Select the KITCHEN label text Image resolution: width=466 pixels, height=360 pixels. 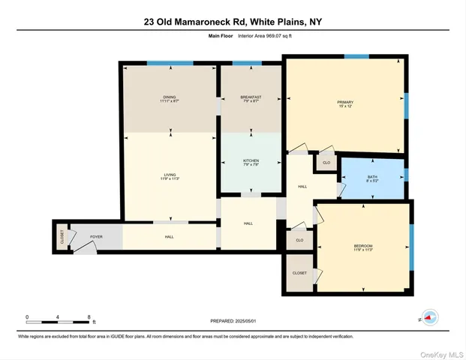[251, 162]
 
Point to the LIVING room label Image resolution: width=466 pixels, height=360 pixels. [170, 176]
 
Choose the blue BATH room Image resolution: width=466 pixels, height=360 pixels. [372, 178]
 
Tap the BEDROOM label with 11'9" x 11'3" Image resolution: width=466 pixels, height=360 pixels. [363, 248]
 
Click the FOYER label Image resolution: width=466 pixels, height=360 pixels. [96, 236]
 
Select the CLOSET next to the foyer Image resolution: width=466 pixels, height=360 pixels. [62, 237]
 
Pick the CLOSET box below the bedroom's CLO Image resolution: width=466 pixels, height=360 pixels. [299, 272]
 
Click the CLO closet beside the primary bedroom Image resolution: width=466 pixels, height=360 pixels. [326, 163]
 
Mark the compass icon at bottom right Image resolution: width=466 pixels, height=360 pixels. [430, 317]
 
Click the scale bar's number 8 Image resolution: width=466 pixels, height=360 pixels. [89, 317]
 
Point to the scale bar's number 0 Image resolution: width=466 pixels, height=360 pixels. [27, 317]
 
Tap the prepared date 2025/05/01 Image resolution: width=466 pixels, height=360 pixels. [233, 320]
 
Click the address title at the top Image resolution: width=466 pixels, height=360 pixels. [233, 22]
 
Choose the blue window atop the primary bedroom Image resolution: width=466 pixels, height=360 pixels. [356, 56]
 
